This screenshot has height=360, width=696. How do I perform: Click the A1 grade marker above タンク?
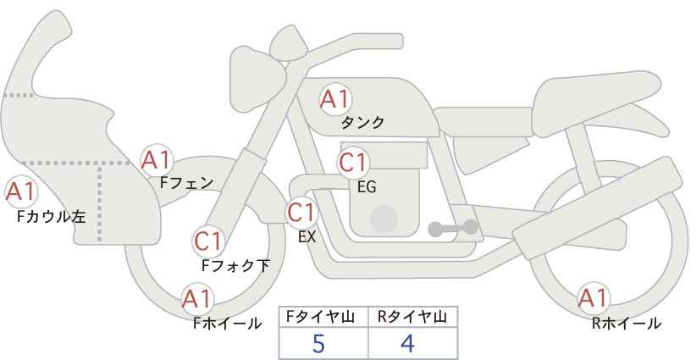tap(335, 99)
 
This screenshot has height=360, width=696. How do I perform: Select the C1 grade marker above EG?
tap(353, 163)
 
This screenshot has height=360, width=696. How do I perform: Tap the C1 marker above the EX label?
tap(301, 213)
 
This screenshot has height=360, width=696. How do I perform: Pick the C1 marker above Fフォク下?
tap(208, 241)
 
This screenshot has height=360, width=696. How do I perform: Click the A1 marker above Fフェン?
tap(157, 161)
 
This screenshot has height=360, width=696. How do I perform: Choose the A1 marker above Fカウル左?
tap(21, 192)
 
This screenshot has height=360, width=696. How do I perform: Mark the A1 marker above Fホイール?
tap(198, 299)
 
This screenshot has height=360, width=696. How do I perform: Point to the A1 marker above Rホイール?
tap(593, 298)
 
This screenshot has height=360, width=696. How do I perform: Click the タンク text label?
tap(362, 123)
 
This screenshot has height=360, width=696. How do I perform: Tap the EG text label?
tap(367, 187)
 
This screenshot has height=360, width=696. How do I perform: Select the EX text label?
tap(307, 237)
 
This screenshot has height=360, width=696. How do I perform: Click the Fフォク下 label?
tap(235, 265)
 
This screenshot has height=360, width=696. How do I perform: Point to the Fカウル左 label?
tap(51, 217)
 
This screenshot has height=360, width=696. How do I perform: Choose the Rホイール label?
tap(626, 324)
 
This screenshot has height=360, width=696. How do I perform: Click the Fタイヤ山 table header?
tap(320, 317)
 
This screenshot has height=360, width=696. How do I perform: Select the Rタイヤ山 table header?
tap(412, 317)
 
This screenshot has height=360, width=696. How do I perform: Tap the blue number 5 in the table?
tap(319, 343)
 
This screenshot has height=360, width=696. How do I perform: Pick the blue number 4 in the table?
tap(407, 343)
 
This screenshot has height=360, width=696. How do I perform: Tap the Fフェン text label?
tap(186, 183)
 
